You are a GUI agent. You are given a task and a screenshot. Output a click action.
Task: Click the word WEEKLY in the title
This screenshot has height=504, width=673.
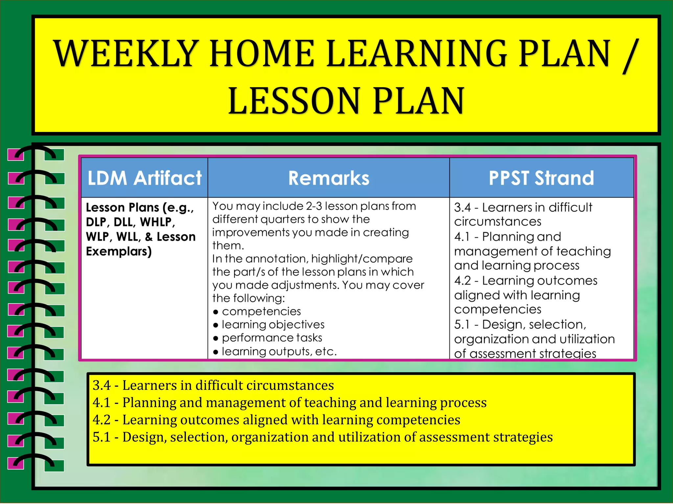(127, 53)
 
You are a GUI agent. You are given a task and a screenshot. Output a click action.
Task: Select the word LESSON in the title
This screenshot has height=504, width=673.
(294, 101)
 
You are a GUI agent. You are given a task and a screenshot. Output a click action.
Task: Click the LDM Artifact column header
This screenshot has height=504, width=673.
(145, 178)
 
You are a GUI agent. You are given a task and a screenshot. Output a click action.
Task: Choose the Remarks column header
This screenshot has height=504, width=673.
(329, 178)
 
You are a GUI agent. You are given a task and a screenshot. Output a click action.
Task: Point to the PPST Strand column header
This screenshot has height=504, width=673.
(541, 178)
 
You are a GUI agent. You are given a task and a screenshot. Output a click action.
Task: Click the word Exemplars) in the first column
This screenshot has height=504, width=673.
(119, 251)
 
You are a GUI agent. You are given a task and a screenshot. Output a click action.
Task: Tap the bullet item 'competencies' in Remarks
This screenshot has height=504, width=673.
(261, 311)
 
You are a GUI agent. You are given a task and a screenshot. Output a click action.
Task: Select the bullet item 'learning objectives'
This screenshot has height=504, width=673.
(273, 325)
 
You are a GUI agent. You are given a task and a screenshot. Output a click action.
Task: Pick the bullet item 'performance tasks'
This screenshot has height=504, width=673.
(272, 338)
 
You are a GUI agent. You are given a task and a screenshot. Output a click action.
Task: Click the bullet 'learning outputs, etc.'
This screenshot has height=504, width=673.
(279, 351)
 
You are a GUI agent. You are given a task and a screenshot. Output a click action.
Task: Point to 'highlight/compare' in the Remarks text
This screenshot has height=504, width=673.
(362, 259)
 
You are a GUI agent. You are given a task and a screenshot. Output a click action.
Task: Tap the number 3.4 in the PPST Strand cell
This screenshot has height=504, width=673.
(462, 207)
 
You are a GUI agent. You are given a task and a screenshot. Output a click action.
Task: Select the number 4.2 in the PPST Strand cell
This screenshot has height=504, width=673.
(462, 281)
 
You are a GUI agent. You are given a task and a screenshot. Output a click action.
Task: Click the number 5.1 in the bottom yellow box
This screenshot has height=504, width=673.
(102, 437)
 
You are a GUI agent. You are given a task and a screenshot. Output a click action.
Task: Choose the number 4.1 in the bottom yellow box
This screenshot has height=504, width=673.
(102, 403)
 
